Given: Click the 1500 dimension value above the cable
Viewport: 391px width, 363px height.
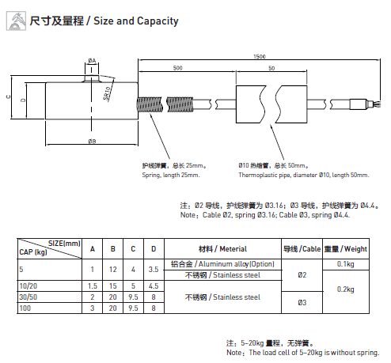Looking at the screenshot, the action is (260, 56).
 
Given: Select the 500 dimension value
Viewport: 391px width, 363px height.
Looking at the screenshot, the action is (177, 68).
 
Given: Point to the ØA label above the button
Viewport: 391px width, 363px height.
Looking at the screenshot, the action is (92, 61).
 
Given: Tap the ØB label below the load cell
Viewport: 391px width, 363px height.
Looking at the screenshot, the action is (92, 141).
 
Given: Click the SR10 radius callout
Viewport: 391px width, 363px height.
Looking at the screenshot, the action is (107, 93).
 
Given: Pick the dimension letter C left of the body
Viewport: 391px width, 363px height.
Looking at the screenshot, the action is (8, 96).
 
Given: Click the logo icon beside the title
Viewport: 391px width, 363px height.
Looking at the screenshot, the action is (16, 21).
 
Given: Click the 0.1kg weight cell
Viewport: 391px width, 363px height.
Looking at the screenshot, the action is (345, 264).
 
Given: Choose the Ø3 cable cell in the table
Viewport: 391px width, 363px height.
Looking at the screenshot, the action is (302, 302).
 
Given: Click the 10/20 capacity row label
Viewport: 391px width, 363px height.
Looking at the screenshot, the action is (28, 285).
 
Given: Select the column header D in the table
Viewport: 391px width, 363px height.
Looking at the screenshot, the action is (154, 249).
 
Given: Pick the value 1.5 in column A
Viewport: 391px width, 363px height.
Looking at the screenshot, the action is (93, 285).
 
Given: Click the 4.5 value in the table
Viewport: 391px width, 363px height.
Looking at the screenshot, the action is (154, 285).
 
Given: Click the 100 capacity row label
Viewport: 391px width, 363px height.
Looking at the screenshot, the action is (25, 308).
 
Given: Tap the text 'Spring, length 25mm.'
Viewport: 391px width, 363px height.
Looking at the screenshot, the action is (171, 175).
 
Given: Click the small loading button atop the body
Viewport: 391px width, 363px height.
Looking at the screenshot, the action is (92, 79).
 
